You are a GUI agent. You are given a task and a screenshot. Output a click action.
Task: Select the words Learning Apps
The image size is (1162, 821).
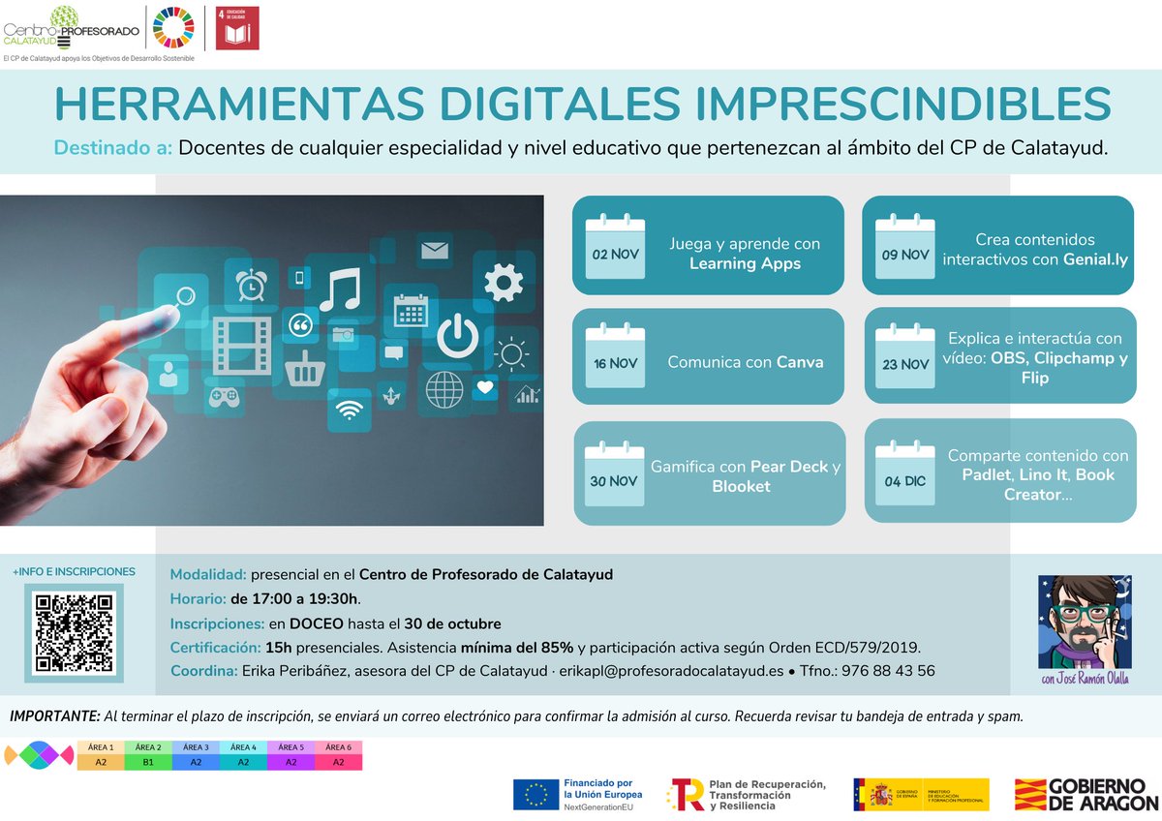745,263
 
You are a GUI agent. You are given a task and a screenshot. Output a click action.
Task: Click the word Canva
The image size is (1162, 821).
800,362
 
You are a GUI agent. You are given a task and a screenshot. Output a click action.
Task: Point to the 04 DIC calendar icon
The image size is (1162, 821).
903,473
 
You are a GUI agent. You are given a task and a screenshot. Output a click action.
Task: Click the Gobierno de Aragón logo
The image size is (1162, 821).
1086,794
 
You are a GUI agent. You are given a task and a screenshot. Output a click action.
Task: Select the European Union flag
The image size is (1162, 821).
535,794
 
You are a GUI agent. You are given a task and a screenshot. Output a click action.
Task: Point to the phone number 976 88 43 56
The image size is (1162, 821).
888,670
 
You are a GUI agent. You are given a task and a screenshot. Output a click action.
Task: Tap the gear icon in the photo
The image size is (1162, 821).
504,283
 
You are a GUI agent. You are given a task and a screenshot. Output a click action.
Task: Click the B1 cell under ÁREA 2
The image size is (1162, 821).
148,762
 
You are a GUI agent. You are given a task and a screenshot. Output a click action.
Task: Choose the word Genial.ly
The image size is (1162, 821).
1094,259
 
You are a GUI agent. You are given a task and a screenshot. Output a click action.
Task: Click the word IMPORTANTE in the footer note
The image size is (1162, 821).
55,716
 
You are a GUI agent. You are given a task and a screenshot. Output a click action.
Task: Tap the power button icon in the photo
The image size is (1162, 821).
457,335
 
